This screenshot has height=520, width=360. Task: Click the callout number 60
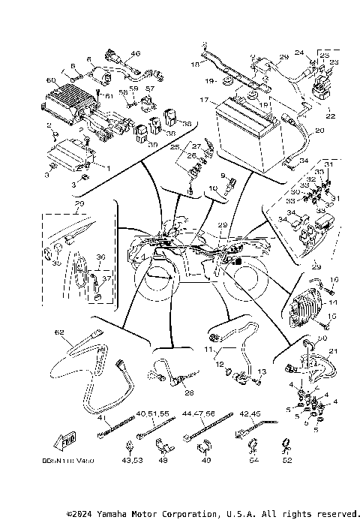[x=51, y=80]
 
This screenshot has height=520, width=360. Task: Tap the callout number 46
[x=135, y=54]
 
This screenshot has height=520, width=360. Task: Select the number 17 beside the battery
[x=204, y=99]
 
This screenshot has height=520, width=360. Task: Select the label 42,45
[x=250, y=412]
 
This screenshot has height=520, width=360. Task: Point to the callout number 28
[x=188, y=392]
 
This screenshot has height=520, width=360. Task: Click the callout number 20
[x=319, y=130]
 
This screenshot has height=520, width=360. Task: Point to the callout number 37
[x=106, y=278]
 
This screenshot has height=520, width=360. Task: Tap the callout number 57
[x=148, y=89]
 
